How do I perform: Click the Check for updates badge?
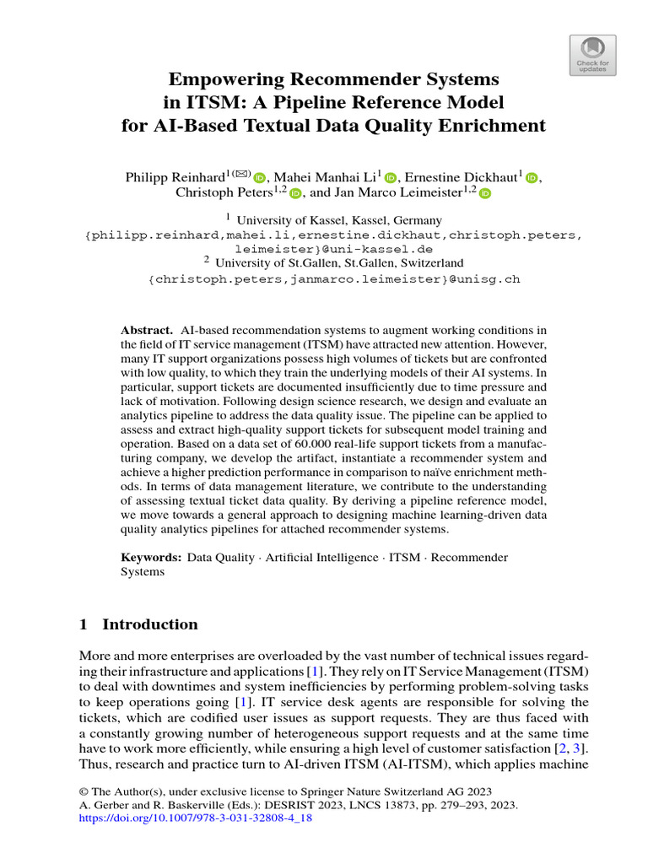pos(592,56)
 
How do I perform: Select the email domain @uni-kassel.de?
pos(383,251)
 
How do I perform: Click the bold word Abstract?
pos(146,329)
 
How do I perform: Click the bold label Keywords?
pos(151,558)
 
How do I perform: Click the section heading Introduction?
pos(149,625)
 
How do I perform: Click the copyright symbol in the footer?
pos(84,791)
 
